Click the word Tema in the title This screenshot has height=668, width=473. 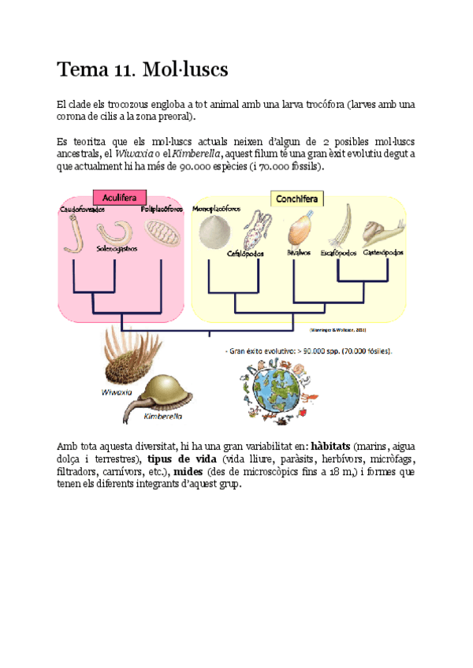tap(81, 69)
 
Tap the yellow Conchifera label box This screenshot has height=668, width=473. tap(296, 199)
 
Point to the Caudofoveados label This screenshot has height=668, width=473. tap(82, 210)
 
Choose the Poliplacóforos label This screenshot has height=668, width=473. tap(162, 210)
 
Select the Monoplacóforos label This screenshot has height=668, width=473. tap(219, 210)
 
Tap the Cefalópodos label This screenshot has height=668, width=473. tap(248, 254)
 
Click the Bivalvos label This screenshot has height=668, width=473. tap(297, 254)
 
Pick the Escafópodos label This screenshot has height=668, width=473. tap(338, 254)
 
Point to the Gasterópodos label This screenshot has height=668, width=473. tap(384, 253)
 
